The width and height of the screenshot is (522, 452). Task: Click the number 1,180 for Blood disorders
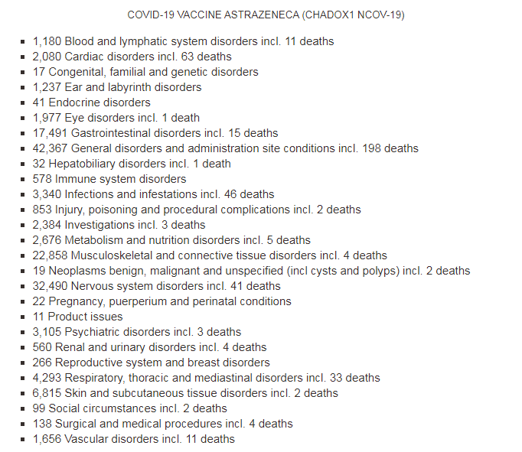pos(47,41)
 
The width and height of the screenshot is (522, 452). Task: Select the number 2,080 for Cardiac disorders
pos(47,57)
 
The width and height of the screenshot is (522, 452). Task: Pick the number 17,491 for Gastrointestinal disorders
pos(50,133)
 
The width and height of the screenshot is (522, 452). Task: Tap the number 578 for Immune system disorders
pos(42,179)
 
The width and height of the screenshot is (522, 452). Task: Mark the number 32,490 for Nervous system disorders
pos(50,286)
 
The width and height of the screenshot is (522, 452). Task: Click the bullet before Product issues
pos(24,317)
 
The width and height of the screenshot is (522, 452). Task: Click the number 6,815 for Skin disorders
pos(47,393)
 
